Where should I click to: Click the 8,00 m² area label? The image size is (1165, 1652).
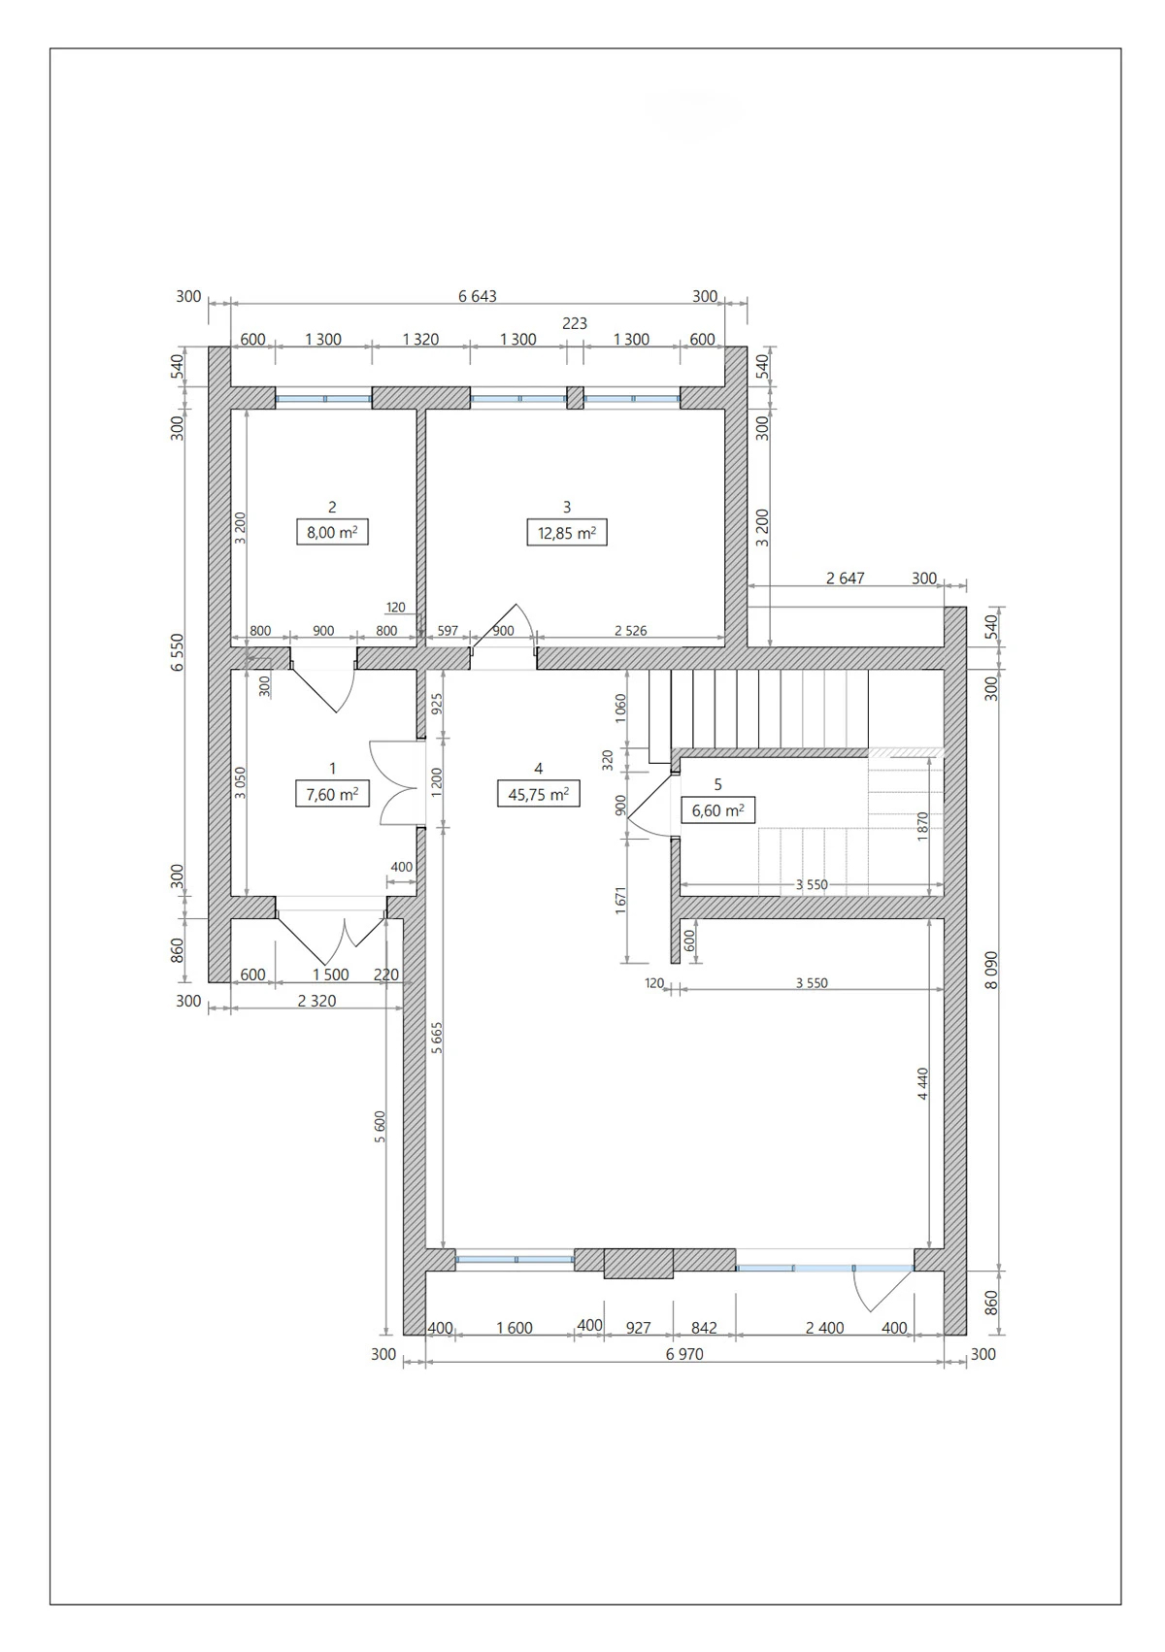coord(332,532)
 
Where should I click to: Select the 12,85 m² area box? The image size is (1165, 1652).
coord(567,533)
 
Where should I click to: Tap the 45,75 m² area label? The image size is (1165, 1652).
coord(538,794)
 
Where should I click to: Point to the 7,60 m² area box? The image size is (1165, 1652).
coord(332,794)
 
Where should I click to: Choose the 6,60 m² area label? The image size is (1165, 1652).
coord(717,809)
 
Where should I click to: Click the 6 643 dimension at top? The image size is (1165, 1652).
coord(478,296)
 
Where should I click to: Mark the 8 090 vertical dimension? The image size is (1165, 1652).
coord(991,971)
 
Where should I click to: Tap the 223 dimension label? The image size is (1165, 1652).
coord(575,323)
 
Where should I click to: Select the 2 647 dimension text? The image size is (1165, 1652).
coord(845,578)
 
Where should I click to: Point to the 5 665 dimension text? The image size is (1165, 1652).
coord(437,1038)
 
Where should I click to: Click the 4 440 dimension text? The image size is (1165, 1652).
coord(922,1085)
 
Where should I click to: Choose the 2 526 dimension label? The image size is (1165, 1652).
coord(630,631)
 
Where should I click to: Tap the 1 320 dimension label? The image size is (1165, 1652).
coord(420,340)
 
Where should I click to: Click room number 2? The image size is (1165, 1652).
coord(332,507)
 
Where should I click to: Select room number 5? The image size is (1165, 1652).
coord(717,784)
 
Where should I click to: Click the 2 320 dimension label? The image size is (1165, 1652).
coord(316,1001)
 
